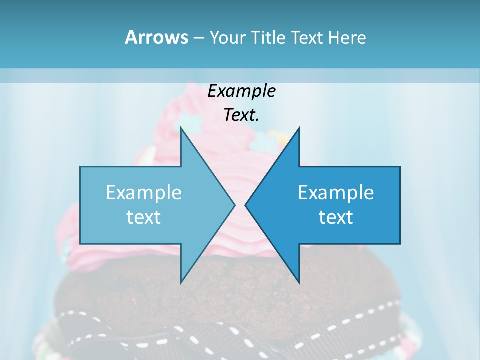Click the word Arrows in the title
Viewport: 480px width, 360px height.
(x=156, y=37)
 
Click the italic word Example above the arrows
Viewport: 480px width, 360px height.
(x=242, y=91)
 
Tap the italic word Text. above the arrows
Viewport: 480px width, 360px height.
(x=242, y=115)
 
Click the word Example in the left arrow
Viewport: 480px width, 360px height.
(x=144, y=193)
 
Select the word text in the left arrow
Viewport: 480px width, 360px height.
(x=144, y=217)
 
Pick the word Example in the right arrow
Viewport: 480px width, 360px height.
(x=336, y=193)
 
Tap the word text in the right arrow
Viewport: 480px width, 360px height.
(x=336, y=217)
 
